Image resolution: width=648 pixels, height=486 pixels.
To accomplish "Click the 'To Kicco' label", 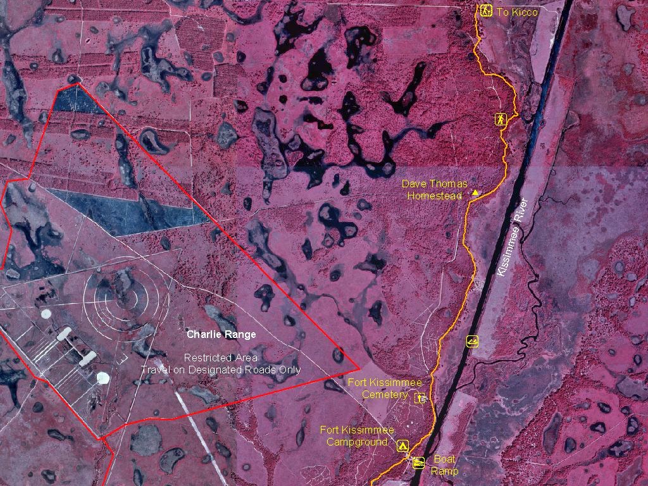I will (517, 11).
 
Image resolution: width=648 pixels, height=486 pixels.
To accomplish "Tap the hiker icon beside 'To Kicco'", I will (485, 11).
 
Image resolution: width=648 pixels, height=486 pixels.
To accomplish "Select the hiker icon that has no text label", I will (501, 119).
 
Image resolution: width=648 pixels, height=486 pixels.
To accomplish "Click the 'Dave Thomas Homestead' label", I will (435, 190).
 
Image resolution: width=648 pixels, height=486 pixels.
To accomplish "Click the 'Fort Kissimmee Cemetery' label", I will (385, 389).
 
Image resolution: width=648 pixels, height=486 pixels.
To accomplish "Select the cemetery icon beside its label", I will (419, 397).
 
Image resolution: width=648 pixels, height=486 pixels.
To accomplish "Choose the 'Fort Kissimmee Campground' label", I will (357, 436).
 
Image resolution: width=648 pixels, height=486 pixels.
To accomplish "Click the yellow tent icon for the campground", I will (402, 446).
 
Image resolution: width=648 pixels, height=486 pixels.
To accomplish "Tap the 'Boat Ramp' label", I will (444, 465).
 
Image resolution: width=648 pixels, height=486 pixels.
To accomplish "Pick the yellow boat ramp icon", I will (418, 463).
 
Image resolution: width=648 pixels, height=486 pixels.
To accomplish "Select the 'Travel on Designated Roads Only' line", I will (221, 370).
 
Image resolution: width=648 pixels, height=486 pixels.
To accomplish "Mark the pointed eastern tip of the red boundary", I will (359, 367).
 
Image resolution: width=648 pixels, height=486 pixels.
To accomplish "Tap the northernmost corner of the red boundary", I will (78, 83).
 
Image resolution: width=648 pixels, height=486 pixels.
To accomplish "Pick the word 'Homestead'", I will (434, 196).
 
